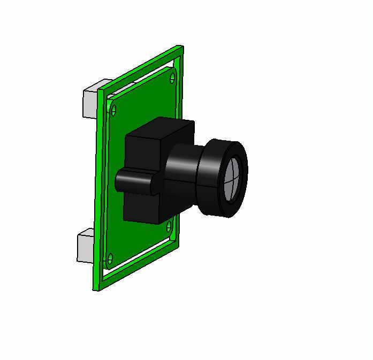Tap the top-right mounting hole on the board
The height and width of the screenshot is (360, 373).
(x=172, y=78)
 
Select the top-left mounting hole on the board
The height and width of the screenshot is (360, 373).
(x=113, y=111)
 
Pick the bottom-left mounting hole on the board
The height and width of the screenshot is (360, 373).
(x=110, y=259)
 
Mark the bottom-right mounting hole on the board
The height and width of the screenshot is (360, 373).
(x=170, y=227)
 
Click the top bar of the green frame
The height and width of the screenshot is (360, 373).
(x=142, y=68)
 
